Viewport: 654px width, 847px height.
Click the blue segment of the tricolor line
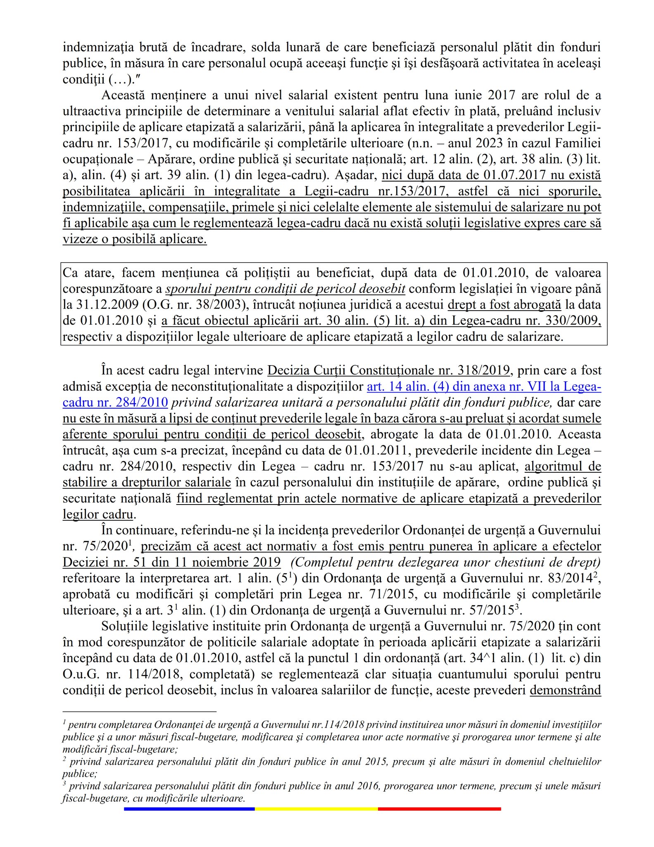(189, 809)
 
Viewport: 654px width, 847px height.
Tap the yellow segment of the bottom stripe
(316, 809)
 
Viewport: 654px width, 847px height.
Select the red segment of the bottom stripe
(439, 809)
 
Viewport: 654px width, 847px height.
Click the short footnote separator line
(139, 712)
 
